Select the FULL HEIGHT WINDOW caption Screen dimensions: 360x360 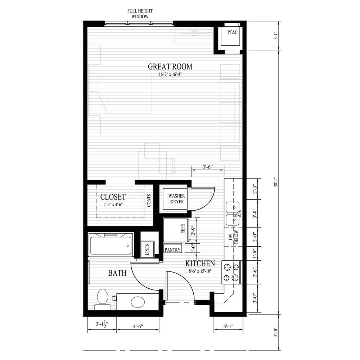pos(138,14)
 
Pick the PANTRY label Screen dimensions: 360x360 pos(172,249)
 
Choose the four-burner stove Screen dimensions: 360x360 pos(231,272)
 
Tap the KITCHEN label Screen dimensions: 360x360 pos(200,264)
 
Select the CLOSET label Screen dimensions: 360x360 pos(113,197)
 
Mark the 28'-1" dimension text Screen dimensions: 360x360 pos(275,182)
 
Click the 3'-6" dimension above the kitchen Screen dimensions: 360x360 pos(208,167)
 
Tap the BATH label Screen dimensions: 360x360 pos(117,273)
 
